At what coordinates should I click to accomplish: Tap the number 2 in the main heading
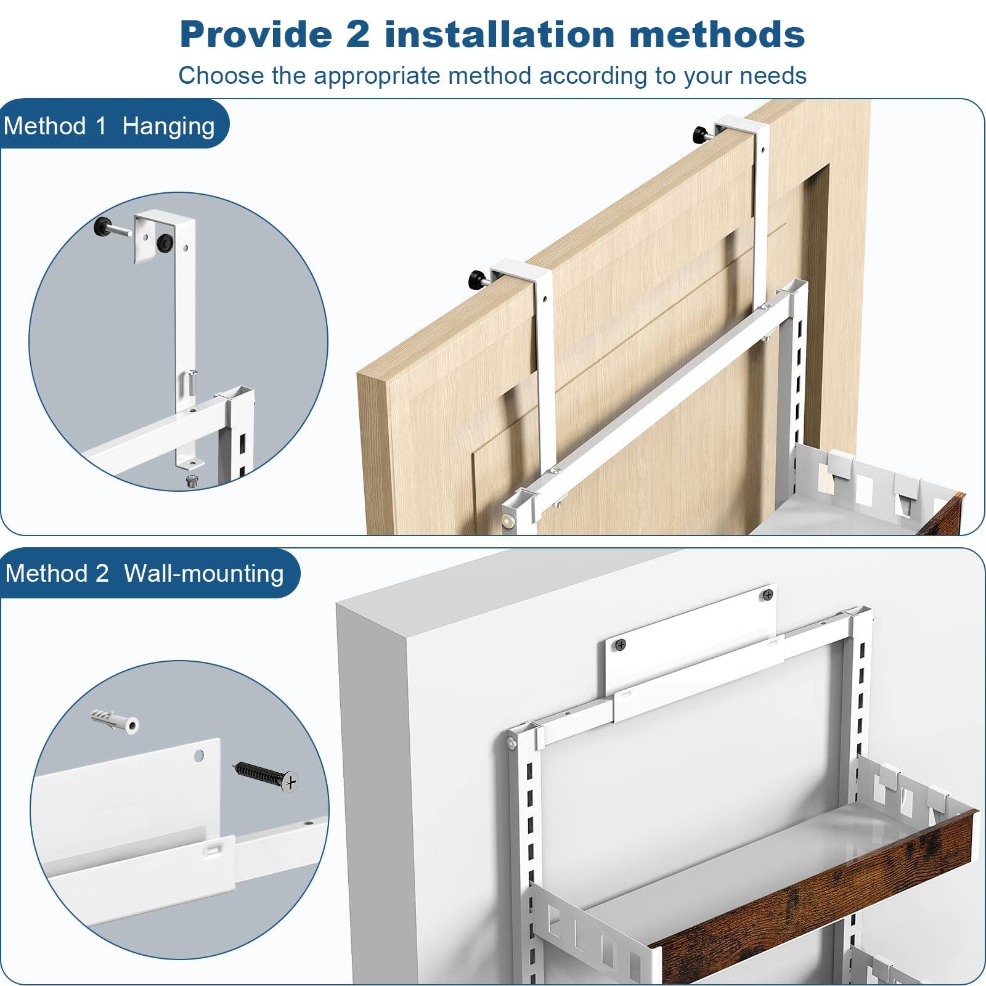click(358, 34)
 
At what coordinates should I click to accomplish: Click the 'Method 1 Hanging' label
click(110, 126)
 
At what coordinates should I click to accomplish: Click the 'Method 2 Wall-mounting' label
click(145, 574)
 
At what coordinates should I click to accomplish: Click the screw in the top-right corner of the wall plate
click(767, 595)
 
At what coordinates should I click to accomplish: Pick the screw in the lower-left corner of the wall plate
click(619, 646)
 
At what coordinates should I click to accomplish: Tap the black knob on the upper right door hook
click(701, 132)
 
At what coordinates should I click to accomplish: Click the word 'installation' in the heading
click(499, 34)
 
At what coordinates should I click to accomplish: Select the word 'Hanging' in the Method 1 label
click(168, 126)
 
